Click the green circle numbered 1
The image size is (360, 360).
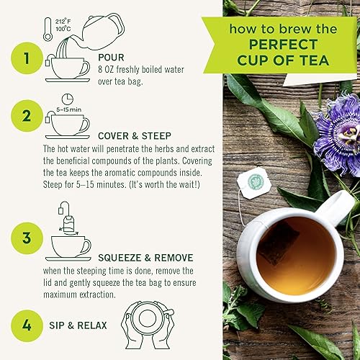point(27,58)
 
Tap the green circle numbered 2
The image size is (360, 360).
point(27,116)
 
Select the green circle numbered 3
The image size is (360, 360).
point(27,238)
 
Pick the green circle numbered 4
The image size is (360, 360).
point(27,325)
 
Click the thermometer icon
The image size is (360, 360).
point(48,29)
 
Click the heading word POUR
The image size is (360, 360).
point(111,58)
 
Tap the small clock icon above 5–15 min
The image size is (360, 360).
point(68,99)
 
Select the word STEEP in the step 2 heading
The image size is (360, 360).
point(156,136)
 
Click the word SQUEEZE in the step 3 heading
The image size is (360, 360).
point(120,258)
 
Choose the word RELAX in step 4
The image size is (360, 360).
point(92,325)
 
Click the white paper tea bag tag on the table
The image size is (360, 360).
point(254,183)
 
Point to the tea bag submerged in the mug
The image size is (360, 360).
point(279,243)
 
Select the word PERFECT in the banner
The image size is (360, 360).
point(283,45)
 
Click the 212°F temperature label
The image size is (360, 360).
point(63,22)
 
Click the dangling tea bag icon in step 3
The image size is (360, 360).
point(67,220)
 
